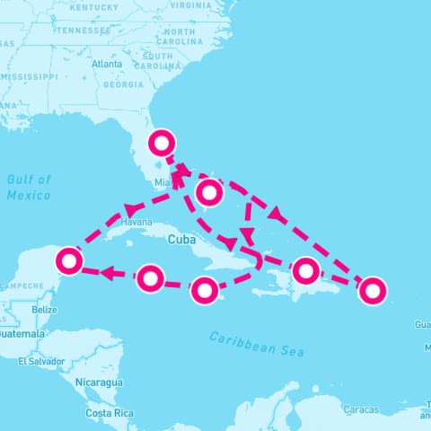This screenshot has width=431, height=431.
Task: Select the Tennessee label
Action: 83,30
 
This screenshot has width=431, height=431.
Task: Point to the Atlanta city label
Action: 107,65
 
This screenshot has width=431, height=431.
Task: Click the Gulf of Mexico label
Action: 29,187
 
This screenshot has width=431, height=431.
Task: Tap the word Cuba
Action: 182,239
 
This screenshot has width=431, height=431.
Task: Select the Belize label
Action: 44,310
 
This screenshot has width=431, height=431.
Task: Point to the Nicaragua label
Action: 99,382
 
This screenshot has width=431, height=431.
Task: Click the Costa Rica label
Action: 110,413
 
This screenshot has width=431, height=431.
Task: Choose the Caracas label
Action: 361,409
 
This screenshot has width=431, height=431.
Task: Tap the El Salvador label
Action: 40,361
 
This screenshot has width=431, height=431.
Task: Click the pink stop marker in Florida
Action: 162,142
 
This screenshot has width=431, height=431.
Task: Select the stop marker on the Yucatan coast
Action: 69,261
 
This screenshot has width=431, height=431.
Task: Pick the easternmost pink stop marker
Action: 372,289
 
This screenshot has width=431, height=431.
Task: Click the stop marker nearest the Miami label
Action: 208,190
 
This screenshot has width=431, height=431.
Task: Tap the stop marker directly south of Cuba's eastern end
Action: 206,289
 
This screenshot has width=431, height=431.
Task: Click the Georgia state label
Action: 123,85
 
